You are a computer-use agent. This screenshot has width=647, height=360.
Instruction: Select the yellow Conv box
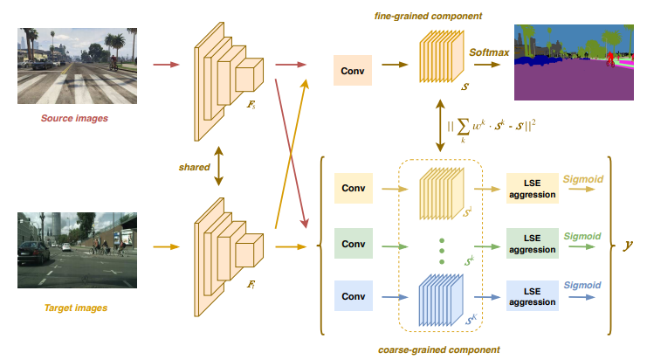[x=353, y=188]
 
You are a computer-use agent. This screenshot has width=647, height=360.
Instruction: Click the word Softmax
[x=489, y=52]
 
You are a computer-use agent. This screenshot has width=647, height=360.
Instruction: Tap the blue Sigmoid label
[x=582, y=285]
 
